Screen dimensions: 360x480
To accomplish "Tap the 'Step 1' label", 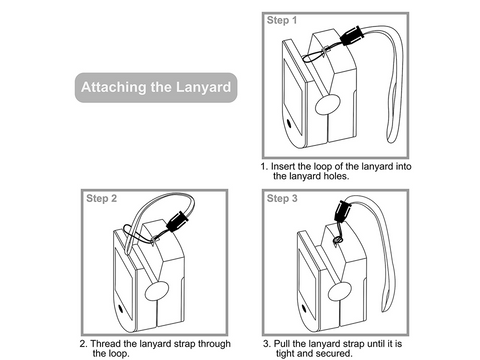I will pyautogui.click(x=281, y=20).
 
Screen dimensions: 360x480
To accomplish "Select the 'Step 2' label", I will pyautogui.click(x=101, y=199).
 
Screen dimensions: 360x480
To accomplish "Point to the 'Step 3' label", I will pyautogui.click(x=281, y=199).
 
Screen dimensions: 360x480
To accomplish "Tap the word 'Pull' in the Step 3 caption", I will pyautogui.click(x=283, y=343).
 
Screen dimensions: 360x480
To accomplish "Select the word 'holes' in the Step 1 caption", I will pyautogui.click(x=333, y=175).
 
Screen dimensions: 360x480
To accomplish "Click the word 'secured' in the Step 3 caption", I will pyautogui.click(x=331, y=353).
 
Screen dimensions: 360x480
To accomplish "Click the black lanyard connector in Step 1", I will pyautogui.click(x=352, y=40).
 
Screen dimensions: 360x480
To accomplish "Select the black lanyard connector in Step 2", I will pyautogui.click(x=177, y=221).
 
